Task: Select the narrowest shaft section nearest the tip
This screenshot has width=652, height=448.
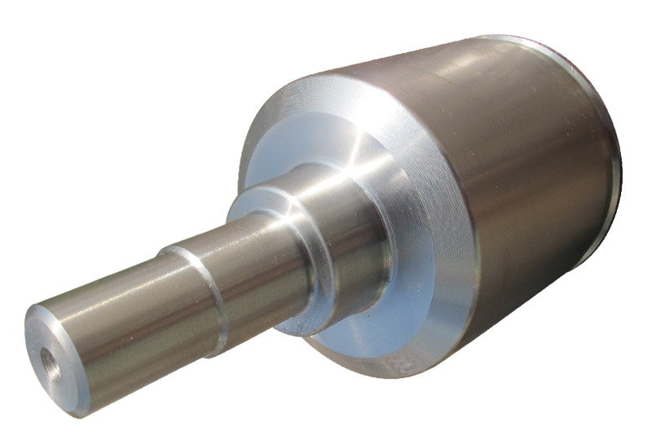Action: pyautogui.click(x=114, y=326)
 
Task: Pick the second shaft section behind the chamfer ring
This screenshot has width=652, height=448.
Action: pyautogui.click(x=244, y=261)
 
